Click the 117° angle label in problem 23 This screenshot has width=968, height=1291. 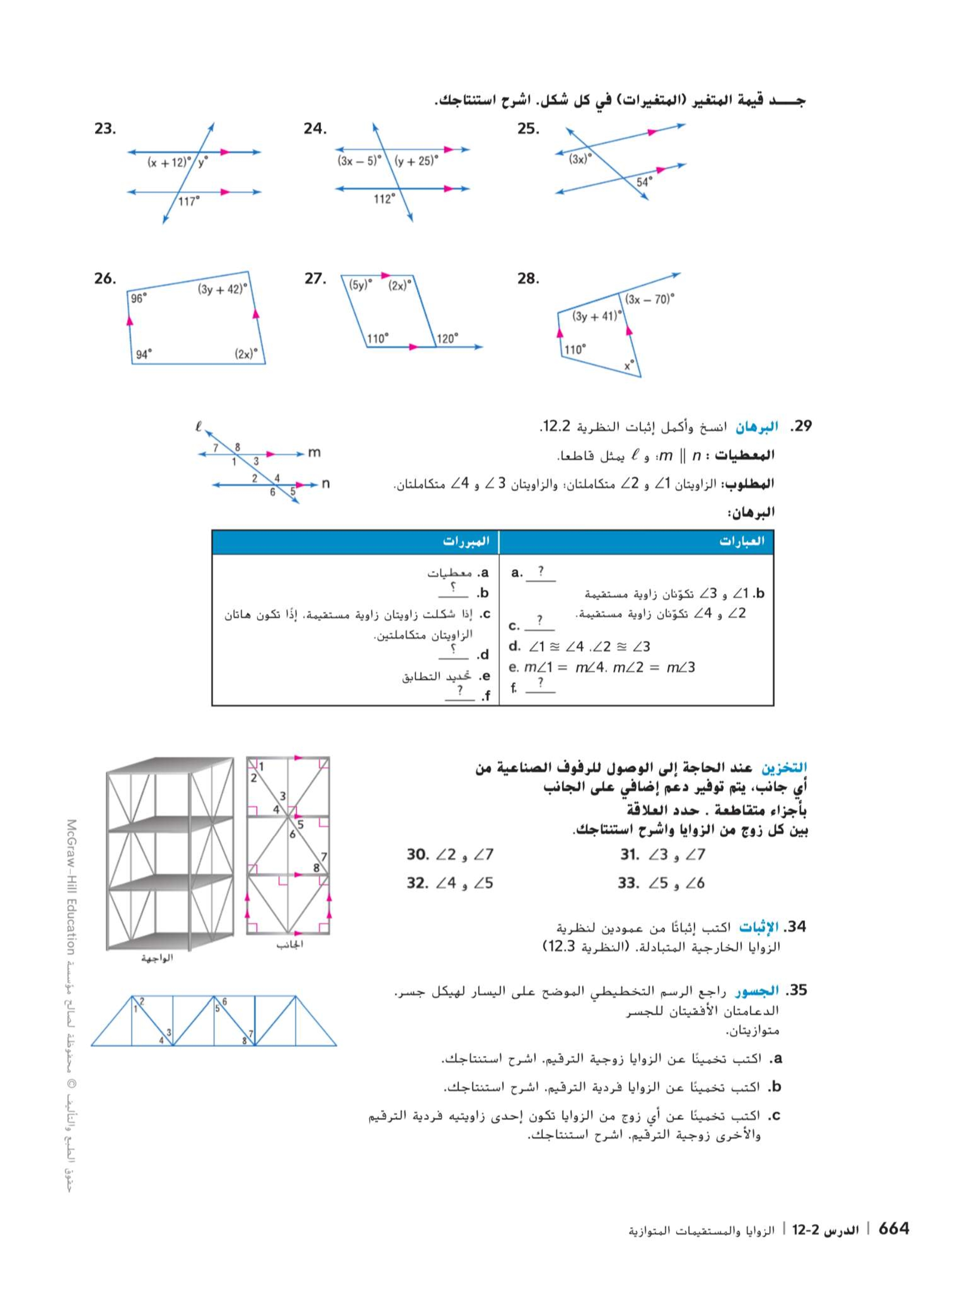point(188,201)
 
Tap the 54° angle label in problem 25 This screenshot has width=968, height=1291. point(644,182)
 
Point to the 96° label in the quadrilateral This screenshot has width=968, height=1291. point(139,299)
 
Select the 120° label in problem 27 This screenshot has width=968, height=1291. point(448,339)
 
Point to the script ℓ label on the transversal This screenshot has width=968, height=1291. point(199,427)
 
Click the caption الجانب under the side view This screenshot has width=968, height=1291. point(289,944)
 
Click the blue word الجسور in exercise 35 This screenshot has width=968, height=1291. point(756,990)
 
